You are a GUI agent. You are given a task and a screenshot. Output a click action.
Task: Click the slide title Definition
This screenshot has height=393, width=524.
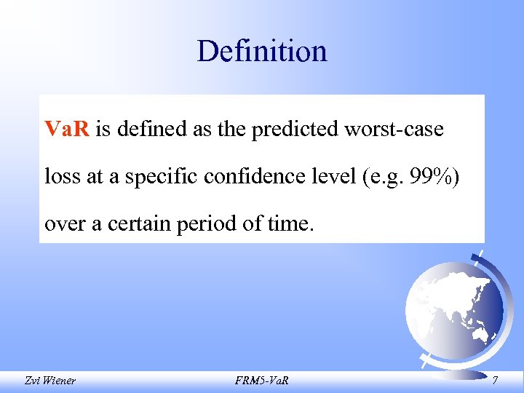pyautogui.click(x=261, y=52)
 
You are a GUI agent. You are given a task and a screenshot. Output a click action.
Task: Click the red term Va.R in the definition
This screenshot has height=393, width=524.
pyautogui.click(x=67, y=130)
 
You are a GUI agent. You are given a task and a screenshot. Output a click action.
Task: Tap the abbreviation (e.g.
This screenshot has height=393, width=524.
pyautogui.click(x=378, y=177)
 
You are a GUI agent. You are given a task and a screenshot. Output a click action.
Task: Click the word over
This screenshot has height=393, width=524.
pyautogui.click(x=64, y=224)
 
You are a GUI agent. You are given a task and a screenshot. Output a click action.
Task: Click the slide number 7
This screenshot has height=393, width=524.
pyautogui.click(x=496, y=380)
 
